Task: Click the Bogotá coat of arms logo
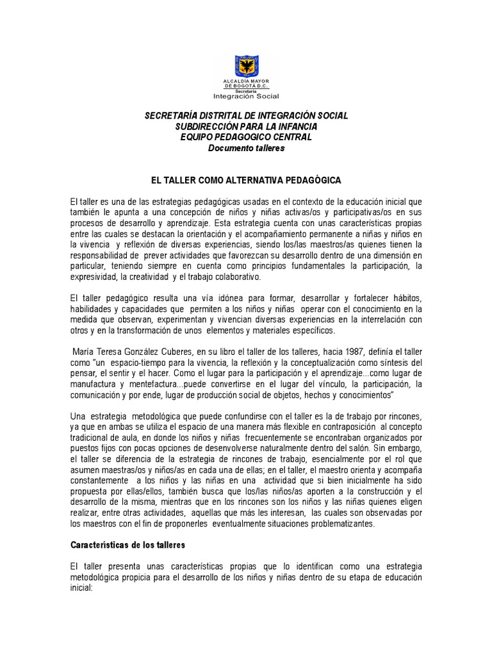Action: pos(246,66)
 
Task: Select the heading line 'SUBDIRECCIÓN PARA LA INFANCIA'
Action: pos(246,126)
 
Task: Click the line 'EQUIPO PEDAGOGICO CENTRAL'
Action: pos(246,137)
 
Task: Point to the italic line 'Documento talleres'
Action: pos(246,148)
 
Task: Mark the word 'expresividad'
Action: pos(97,276)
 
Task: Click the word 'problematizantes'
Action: pos(334,523)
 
